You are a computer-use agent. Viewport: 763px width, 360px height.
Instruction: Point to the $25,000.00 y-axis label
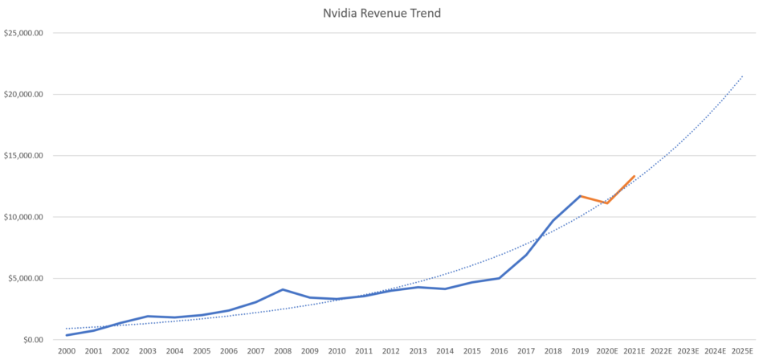(23, 33)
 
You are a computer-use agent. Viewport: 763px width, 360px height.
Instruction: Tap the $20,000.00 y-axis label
(23, 94)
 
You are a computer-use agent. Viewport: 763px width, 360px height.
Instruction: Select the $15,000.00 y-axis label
(23, 155)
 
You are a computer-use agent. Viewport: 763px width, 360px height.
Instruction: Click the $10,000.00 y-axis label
(23, 217)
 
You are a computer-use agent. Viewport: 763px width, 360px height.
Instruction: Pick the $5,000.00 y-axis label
(26, 278)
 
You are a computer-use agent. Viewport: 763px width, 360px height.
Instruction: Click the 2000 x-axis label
(67, 351)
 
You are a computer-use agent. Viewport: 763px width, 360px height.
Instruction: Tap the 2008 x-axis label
(283, 351)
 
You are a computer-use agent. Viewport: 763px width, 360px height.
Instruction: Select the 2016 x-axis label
(499, 351)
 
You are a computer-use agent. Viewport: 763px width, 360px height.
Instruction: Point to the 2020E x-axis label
(607, 351)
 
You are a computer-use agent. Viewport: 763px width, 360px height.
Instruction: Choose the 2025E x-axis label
(742, 351)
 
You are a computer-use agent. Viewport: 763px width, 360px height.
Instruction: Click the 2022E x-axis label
(661, 351)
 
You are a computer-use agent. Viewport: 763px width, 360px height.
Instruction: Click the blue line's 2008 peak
(283, 289)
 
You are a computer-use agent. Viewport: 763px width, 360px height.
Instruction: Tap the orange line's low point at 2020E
(607, 203)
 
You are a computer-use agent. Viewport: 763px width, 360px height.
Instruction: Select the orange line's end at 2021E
(634, 176)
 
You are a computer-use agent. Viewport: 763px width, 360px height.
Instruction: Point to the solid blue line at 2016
(499, 278)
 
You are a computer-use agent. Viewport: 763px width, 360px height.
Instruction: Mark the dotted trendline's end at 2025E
(742, 76)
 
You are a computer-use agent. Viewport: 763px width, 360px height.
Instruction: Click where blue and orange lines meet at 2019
(580, 196)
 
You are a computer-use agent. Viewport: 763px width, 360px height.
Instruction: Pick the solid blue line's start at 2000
(67, 335)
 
